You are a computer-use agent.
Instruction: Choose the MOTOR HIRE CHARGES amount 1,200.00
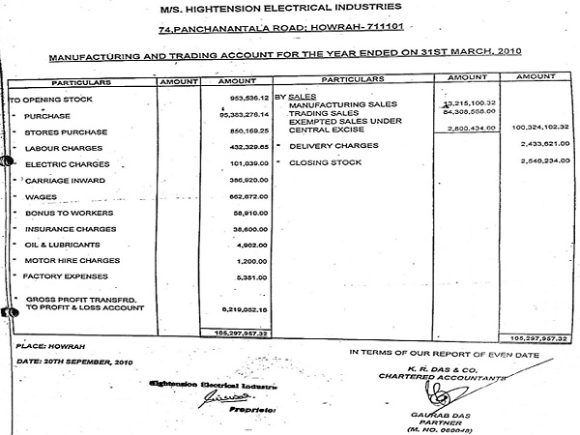point(243,261)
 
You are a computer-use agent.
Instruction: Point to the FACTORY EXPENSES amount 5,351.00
point(243,277)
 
